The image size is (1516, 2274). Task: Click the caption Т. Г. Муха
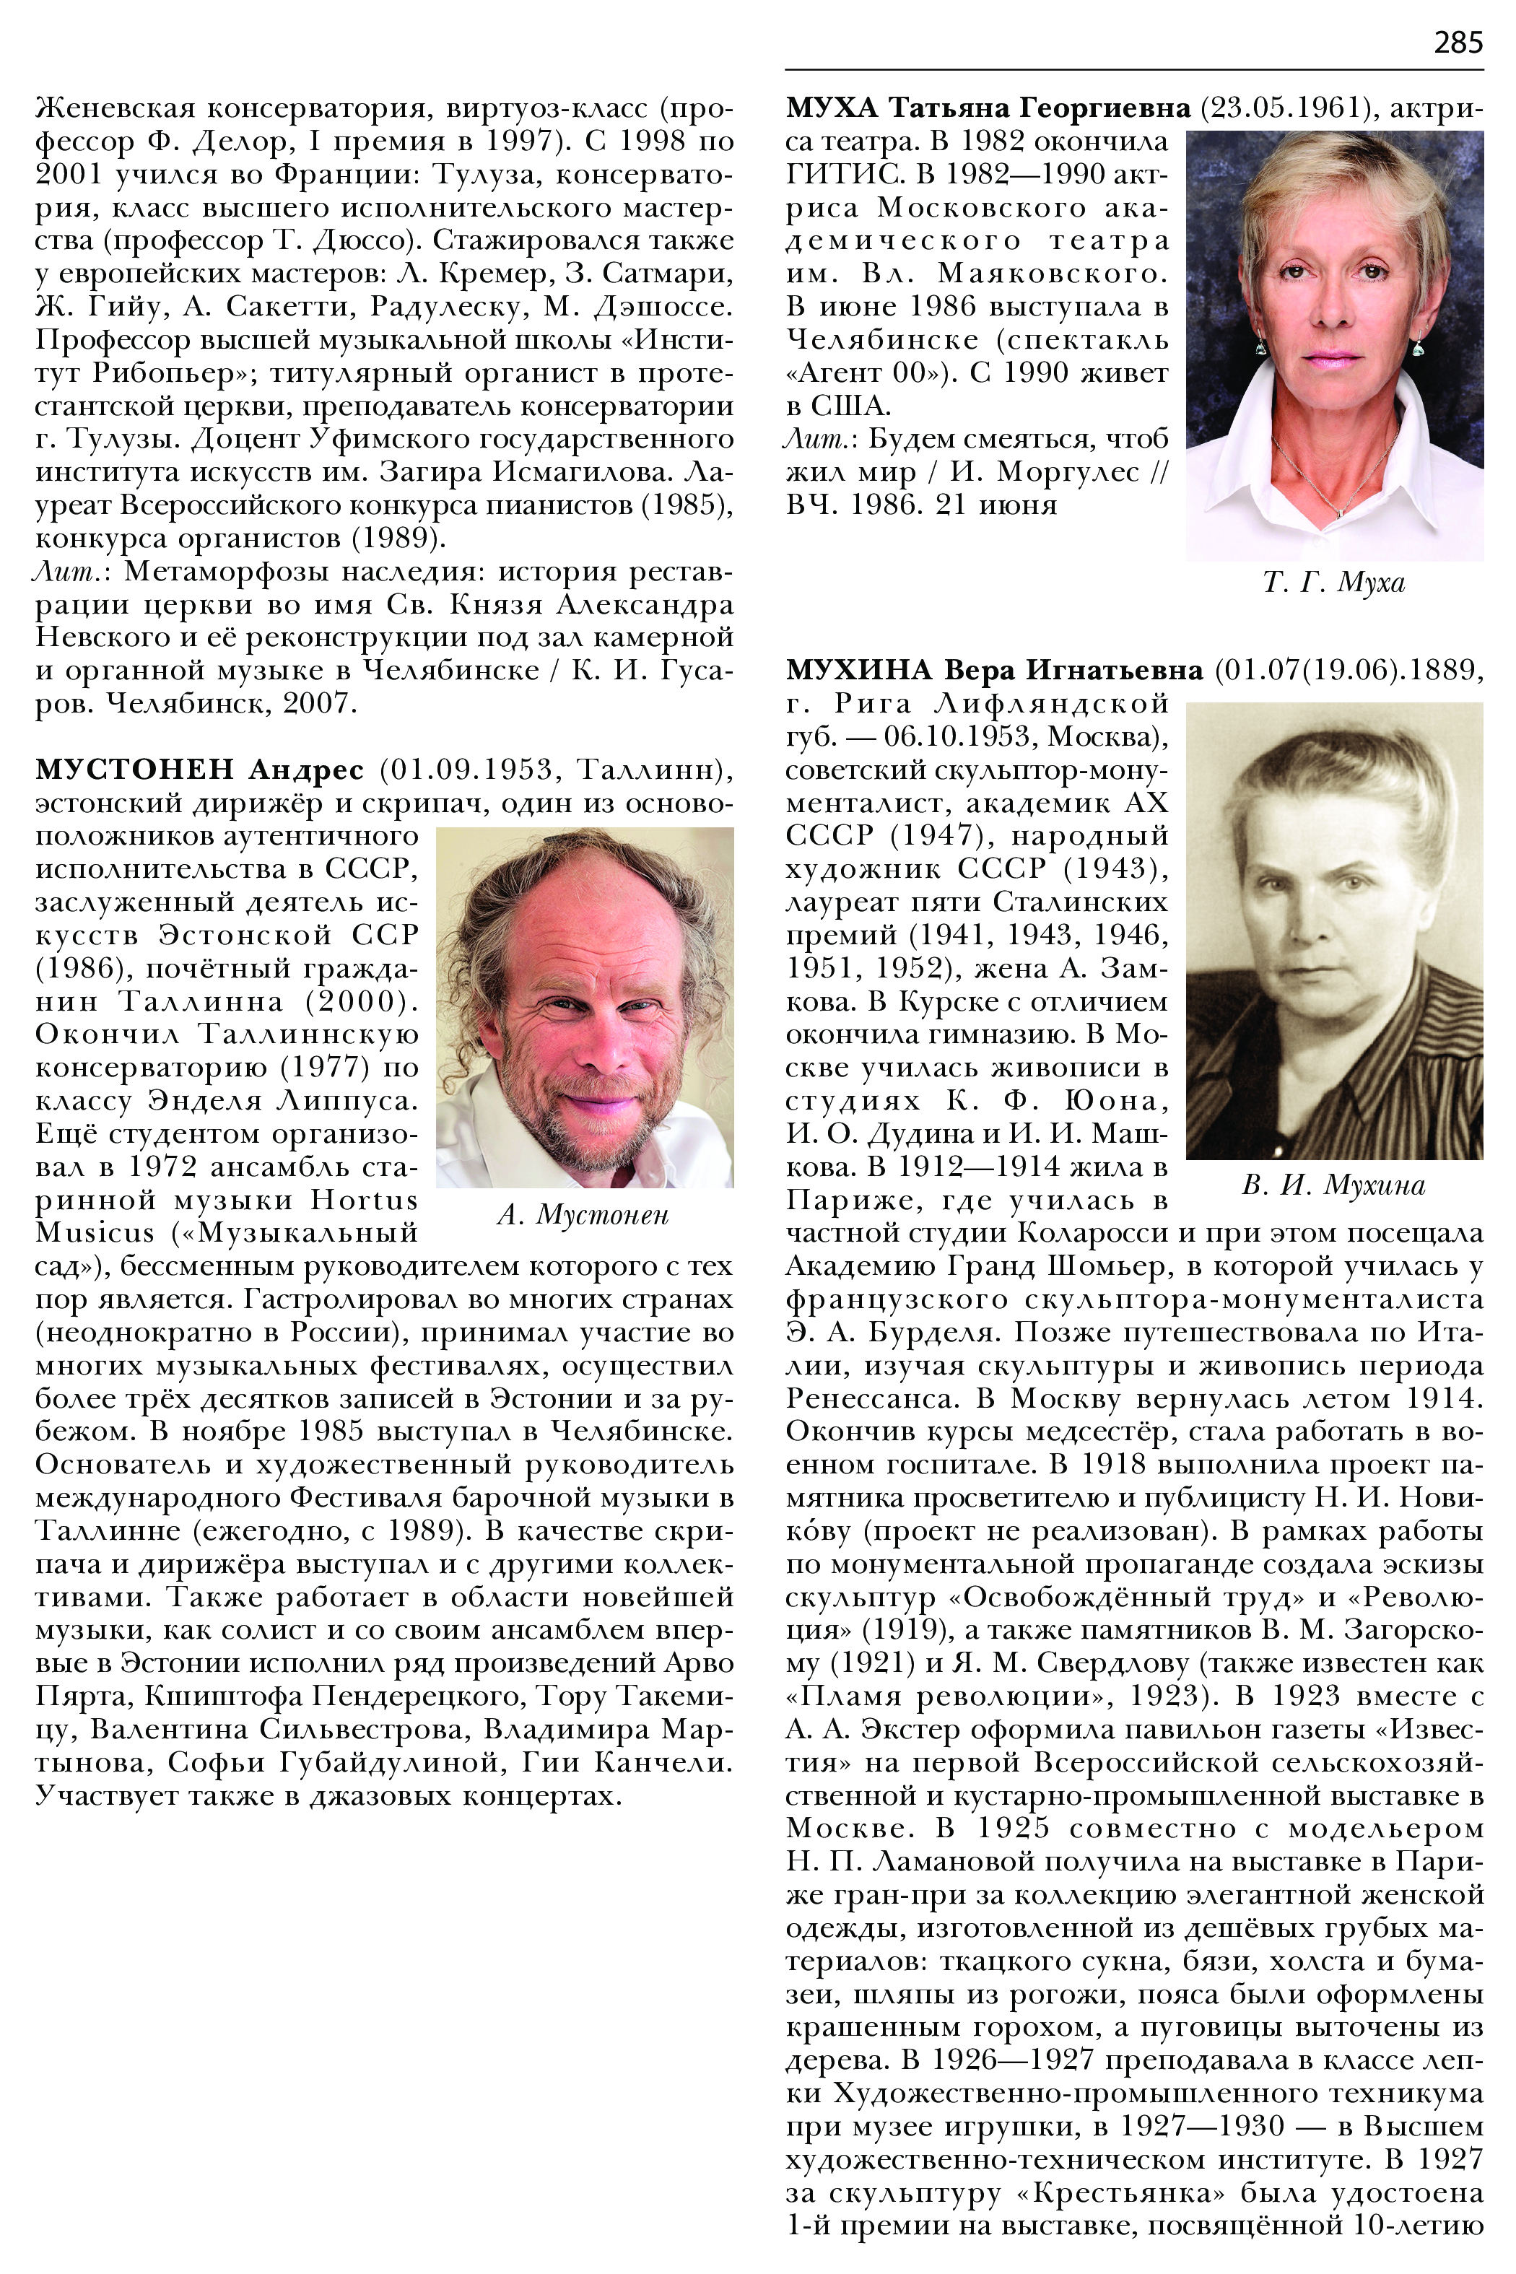point(1333,583)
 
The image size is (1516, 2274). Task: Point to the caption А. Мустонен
point(583,1215)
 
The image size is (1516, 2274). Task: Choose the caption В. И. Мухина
point(1333,1185)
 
